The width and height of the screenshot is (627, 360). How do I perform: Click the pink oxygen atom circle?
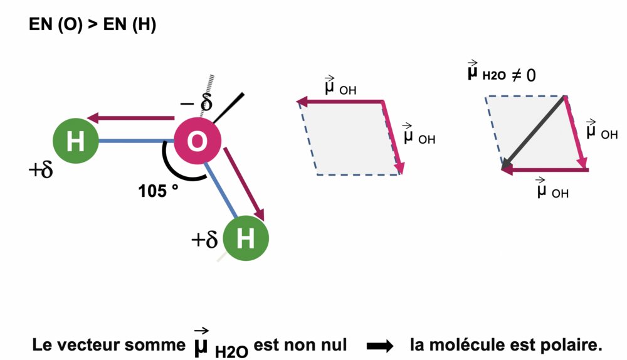click(x=197, y=142)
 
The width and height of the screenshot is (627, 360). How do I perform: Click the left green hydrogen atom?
click(x=75, y=142)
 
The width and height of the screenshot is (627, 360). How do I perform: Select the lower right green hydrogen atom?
click(x=246, y=238)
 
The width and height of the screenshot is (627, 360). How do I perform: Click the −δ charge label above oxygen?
click(x=196, y=103)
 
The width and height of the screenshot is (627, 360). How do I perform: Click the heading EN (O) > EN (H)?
click(x=93, y=26)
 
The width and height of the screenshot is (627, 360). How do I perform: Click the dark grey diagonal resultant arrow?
click(x=534, y=133)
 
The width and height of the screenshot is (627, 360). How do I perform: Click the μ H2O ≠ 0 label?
click(x=500, y=74)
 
